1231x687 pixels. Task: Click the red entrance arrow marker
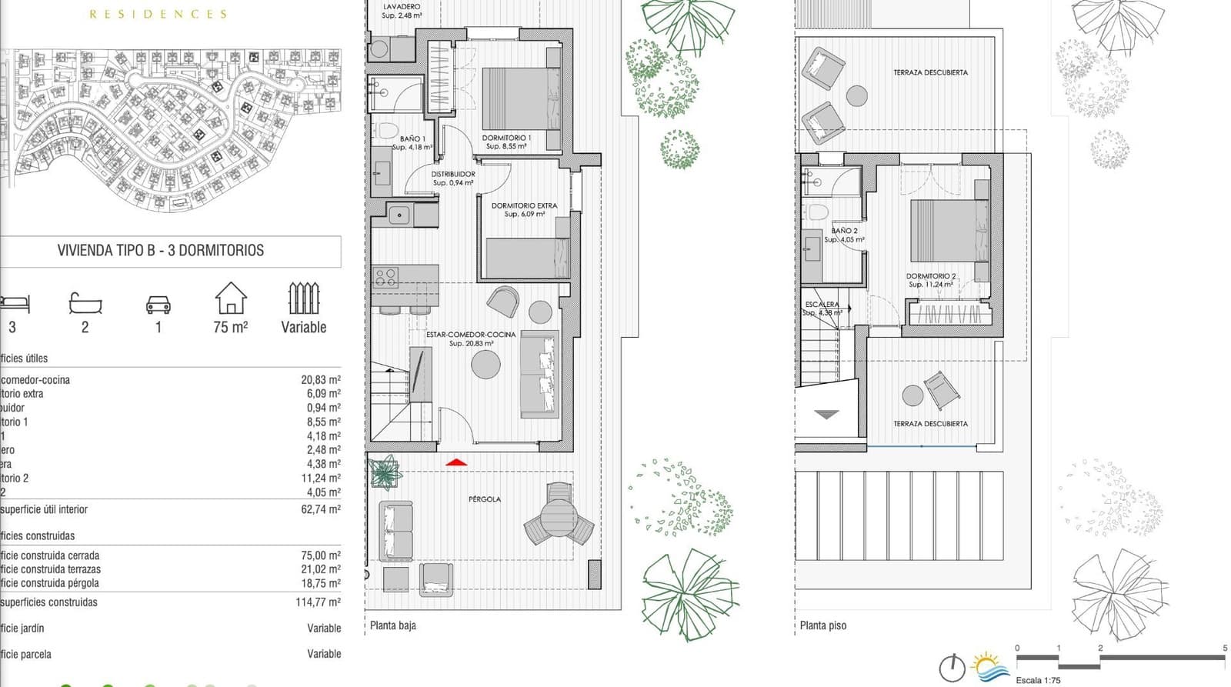(456, 462)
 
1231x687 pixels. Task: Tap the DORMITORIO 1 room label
(506, 138)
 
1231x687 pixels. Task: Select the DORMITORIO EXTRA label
(524, 205)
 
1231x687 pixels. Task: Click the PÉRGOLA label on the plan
(485, 499)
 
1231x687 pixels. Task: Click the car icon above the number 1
(158, 305)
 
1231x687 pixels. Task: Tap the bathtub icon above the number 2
(85, 302)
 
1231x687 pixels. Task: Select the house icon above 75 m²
(231, 298)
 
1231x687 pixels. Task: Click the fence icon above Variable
(303, 298)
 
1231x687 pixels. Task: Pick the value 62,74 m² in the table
(320, 509)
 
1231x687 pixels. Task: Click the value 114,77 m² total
(318, 602)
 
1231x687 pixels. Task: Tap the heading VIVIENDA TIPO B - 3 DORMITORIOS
(161, 251)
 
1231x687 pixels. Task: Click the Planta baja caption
(392, 625)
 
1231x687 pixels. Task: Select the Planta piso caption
(822, 625)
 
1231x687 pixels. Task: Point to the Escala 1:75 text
(1038, 680)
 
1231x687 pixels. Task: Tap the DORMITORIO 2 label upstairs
(931, 276)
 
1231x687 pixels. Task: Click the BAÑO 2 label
(844, 231)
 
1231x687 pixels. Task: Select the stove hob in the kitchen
(385, 276)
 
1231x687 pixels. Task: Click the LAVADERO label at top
(402, 6)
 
